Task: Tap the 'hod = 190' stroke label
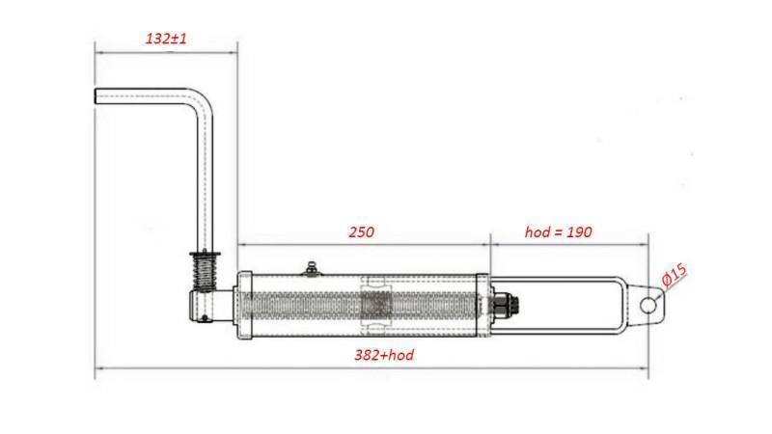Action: pyautogui.click(x=558, y=232)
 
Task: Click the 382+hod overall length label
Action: pyautogui.click(x=384, y=356)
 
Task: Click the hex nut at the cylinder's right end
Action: pyautogui.click(x=502, y=305)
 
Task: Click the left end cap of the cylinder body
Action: pyautogui.click(x=244, y=305)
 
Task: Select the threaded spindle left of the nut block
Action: pyautogui.click(x=299, y=305)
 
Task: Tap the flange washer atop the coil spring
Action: pyautogui.click(x=207, y=253)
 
